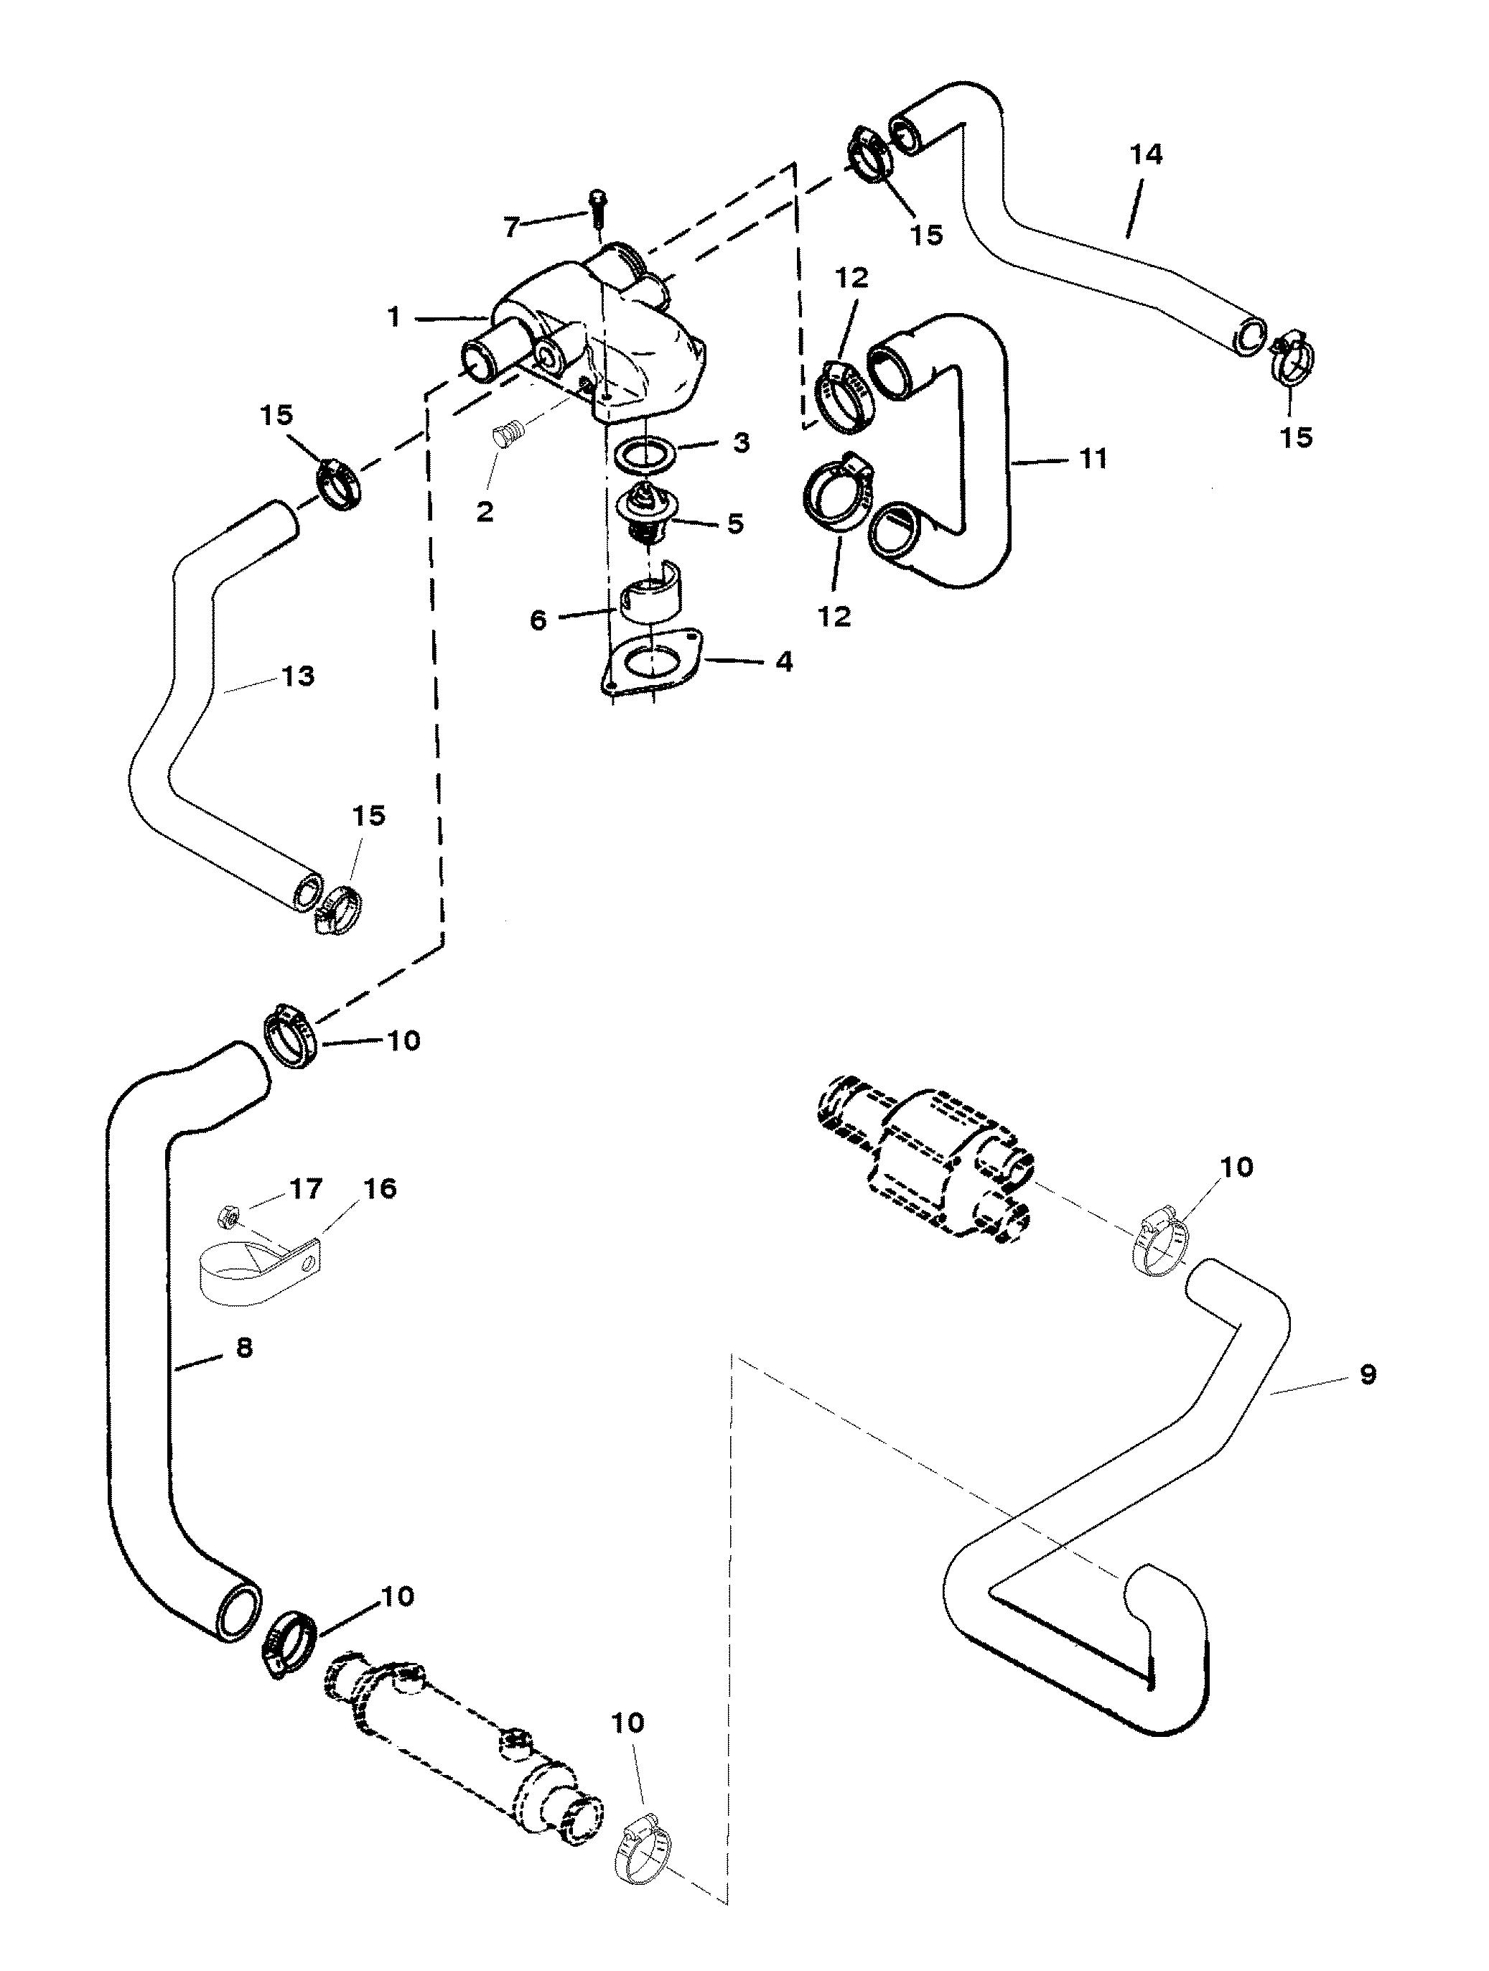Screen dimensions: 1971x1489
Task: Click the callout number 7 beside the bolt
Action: pos(510,227)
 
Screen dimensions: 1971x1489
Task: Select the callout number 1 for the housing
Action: pos(395,317)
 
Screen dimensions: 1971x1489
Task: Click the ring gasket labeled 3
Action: pos(643,454)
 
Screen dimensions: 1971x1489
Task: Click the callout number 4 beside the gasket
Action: pos(783,661)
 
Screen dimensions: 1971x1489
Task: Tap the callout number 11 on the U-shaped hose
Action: pos(1093,459)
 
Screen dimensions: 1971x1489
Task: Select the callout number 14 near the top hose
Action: pos(1146,154)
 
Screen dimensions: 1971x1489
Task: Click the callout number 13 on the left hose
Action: pos(299,676)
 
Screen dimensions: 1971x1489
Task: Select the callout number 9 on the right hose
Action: pos(1368,1374)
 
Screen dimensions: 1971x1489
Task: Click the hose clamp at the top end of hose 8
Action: pos(291,1035)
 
